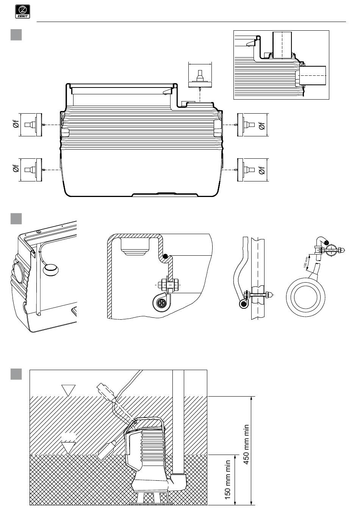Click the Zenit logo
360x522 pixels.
pyautogui.click(x=22, y=12)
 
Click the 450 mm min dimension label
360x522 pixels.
pyautogui.click(x=246, y=444)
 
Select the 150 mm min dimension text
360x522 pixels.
pyautogui.click(x=228, y=480)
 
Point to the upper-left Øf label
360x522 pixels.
pyautogui.click(x=16, y=125)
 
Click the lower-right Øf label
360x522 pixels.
pyautogui.click(x=262, y=170)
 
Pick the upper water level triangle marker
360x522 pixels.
pyautogui.click(x=68, y=390)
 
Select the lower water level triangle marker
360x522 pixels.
pyautogui.click(x=68, y=447)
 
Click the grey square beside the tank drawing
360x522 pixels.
pyautogui.click(x=16, y=35)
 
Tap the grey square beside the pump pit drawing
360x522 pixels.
pyautogui.click(x=16, y=374)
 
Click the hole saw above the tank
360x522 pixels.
pyautogui.click(x=200, y=80)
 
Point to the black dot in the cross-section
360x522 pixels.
pyautogui.click(x=165, y=256)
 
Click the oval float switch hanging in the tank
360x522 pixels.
pyautogui.click(x=51, y=270)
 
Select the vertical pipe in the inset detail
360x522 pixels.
pyautogui.click(x=282, y=45)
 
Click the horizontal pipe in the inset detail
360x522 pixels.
pyautogui.click(x=312, y=76)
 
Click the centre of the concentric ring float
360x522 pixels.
pyautogui.click(x=305, y=297)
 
